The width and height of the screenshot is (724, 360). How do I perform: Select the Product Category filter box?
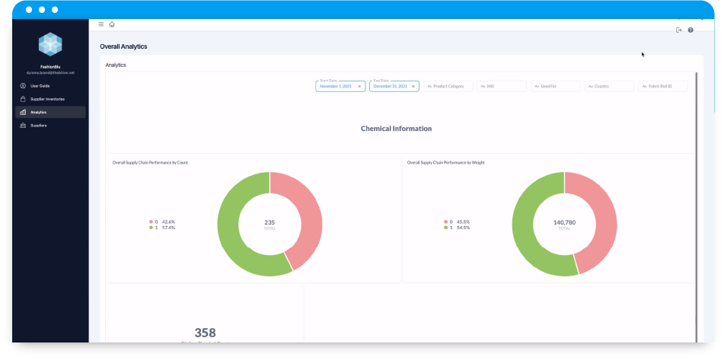tap(448, 86)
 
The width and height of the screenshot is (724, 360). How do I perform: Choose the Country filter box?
tap(609, 86)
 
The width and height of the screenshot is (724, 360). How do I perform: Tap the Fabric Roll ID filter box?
tap(662, 86)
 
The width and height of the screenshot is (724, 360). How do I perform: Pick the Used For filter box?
tap(555, 86)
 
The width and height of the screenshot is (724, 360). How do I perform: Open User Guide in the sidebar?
tap(40, 86)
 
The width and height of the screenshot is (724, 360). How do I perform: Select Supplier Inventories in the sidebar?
tap(47, 99)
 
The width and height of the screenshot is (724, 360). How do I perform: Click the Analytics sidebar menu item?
tap(39, 112)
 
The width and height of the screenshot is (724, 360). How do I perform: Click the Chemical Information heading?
tap(396, 129)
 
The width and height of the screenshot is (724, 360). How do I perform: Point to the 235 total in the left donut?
tap(270, 223)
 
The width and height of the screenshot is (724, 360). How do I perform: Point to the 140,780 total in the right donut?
tap(564, 223)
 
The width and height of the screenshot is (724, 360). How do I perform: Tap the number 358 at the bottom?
tap(205, 333)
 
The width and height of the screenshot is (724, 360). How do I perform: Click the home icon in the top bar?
tap(112, 24)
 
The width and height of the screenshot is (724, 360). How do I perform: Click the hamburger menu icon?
tap(101, 24)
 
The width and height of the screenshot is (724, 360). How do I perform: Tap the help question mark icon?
tap(691, 30)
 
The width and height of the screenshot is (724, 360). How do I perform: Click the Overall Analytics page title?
tap(123, 47)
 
